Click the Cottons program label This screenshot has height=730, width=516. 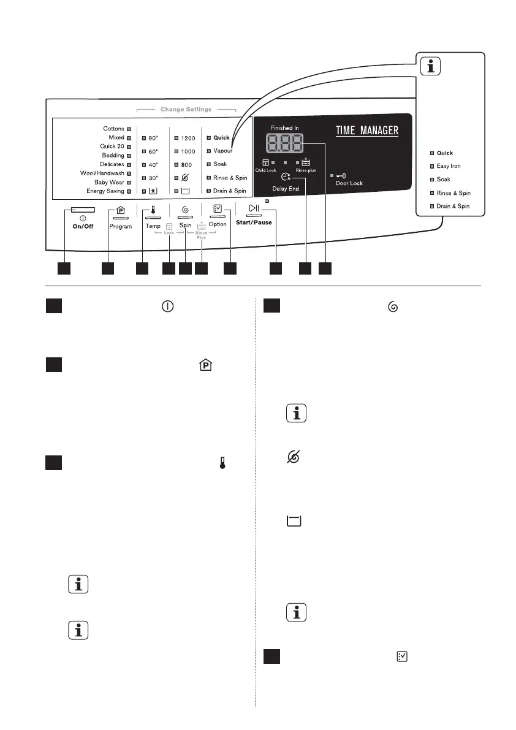[x=113, y=129]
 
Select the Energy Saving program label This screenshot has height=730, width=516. [x=105, y=191]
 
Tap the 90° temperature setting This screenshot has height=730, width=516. [x=153, y=139]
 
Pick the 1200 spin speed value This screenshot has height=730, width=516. [x=188, y=139]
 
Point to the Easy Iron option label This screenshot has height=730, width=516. [x=449, y=166]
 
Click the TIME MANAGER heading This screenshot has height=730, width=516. [x=367, y=131]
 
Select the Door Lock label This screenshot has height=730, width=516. [x=349, y=183]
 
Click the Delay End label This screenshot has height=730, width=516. [x=286, y=189]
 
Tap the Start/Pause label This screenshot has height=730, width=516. [x=254, y=222]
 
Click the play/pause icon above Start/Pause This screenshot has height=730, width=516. [x=254, y=209]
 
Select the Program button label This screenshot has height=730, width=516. [x=121, y=227]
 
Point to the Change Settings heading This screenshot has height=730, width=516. [x=186, y=110]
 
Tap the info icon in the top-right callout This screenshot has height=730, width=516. [x=433, y=67]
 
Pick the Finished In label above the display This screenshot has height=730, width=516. [x=286, y=128]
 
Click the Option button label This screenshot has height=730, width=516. [x=218, y=225]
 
